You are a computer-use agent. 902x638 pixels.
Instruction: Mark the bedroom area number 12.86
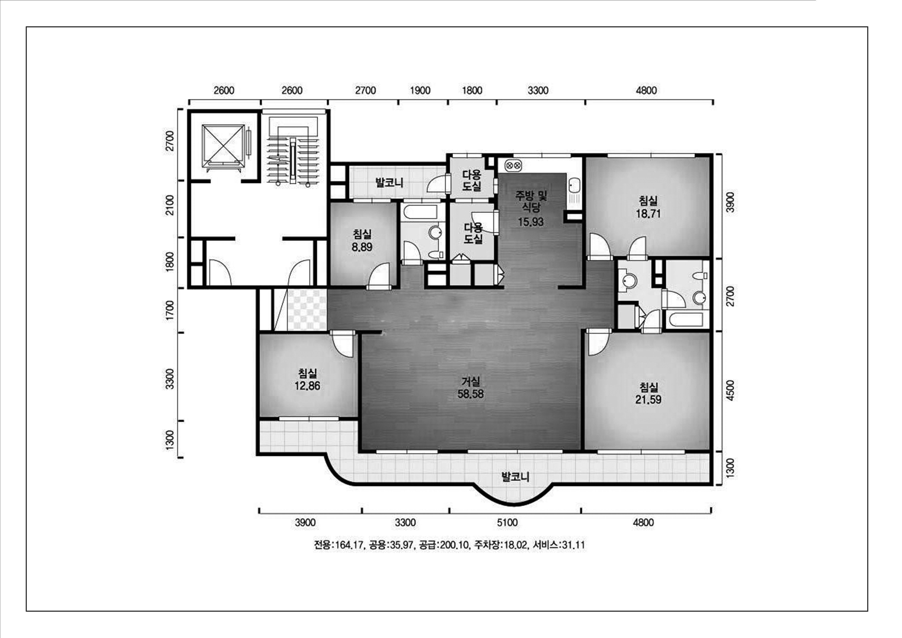307,386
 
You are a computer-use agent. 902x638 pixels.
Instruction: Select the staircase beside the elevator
293,149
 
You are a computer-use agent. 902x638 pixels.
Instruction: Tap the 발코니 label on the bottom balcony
515,477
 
